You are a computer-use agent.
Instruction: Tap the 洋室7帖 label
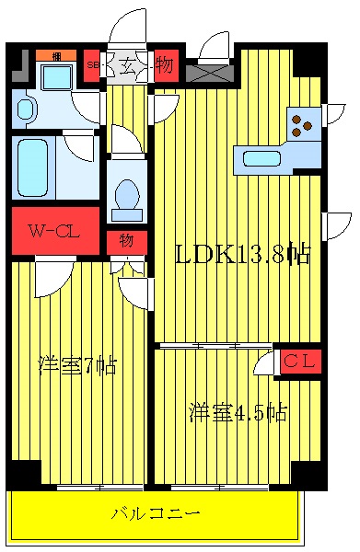coord(77,365)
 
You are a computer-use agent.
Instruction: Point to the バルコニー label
coord(156,512)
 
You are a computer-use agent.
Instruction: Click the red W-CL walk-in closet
coord(55,231)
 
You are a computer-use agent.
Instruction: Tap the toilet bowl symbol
coord(126,197)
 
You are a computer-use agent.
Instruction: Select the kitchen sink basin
coord(261,158)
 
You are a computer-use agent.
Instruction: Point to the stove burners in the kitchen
coord(304,122)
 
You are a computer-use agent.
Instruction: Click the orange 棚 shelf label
coord(56,55)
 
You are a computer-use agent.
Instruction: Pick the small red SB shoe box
coord(92,65)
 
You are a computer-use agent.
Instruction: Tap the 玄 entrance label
coord(125,65)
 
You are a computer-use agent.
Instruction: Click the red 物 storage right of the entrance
coord(164,65)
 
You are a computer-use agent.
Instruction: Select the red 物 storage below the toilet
coord(126,242)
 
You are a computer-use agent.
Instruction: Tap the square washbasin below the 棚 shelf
coord(56,77)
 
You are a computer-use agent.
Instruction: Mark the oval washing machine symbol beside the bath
coord(25,110)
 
